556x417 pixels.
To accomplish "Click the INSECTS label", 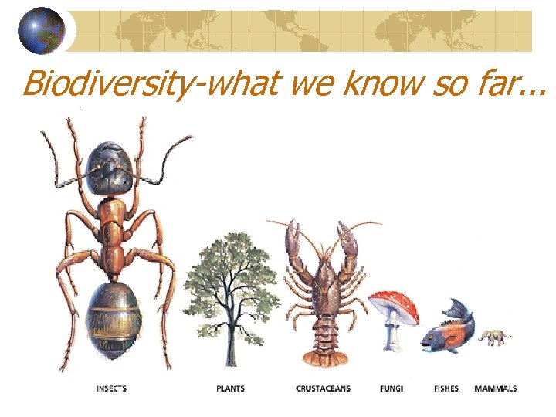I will pyautogui.click(x=111, y=388).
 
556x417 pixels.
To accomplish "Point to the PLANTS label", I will pyautogui.click(x=230, y=388).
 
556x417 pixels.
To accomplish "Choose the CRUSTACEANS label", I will pyautogui.click(x=323, y=388).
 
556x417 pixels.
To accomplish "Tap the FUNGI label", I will pyautogui.click(x=392, y=388).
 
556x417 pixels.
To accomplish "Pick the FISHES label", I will pyautogui.click(x=446, y=388).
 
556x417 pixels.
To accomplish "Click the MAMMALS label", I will pyautogui.click(x=496, y=388).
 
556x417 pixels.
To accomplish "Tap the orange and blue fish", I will pyautogui.click(x=448, y=332).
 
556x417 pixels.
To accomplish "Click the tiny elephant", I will pyautogui.click(x=493, y=337).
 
